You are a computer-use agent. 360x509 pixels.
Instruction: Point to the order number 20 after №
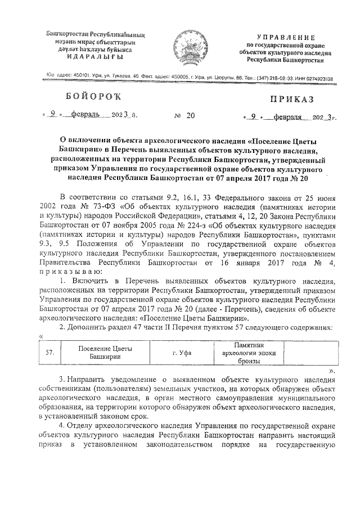(x=190, y=116)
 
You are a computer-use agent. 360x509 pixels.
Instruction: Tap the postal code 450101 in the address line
(x=75, y=78)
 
